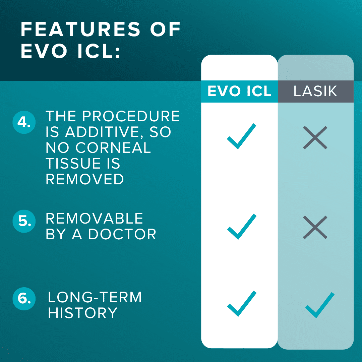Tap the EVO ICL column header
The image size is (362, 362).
coord(239,91)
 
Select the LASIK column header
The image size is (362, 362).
coord(316,91)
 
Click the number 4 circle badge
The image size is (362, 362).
coord(24,122)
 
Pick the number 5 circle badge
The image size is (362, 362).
coord(24,221)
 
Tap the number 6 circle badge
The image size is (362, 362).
coord(24,299)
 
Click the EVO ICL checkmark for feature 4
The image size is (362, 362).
coord(241,136)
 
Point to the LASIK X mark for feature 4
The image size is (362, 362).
coord(315,138)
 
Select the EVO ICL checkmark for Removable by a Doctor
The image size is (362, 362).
coord(241,227)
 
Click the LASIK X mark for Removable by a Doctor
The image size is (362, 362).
coord(315,227)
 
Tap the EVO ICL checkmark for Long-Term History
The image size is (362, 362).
coord(241,304)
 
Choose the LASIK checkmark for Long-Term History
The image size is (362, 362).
coord(320,305)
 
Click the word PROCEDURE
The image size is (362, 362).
coord(131,116)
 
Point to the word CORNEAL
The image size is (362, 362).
coord(113,147)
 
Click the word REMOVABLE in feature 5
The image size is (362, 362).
coord(95,219)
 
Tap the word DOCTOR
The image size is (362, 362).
coord(122,234)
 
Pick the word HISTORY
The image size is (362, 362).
coord(83,313)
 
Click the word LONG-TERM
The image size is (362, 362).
coord(95,297)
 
